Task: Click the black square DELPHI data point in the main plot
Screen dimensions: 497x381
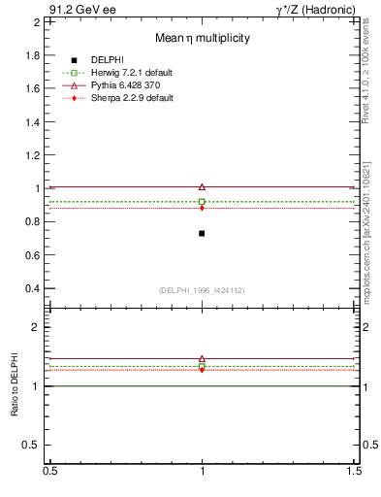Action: click(x=202, y=233)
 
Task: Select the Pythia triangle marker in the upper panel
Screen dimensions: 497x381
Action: click(x=202, y=186)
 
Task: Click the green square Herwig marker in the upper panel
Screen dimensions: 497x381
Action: click(x=202, y=201)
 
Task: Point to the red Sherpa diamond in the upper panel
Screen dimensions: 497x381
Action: click(x=202, y=208)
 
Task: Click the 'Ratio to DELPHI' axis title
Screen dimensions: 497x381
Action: click(x=16, y=384)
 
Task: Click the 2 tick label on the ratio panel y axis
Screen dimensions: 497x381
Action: click(x=39, y=327)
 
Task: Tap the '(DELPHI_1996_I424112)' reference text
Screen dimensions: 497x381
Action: click(x=202, y=289)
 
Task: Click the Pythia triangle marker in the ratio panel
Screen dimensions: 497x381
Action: click(x=202, y=358)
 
